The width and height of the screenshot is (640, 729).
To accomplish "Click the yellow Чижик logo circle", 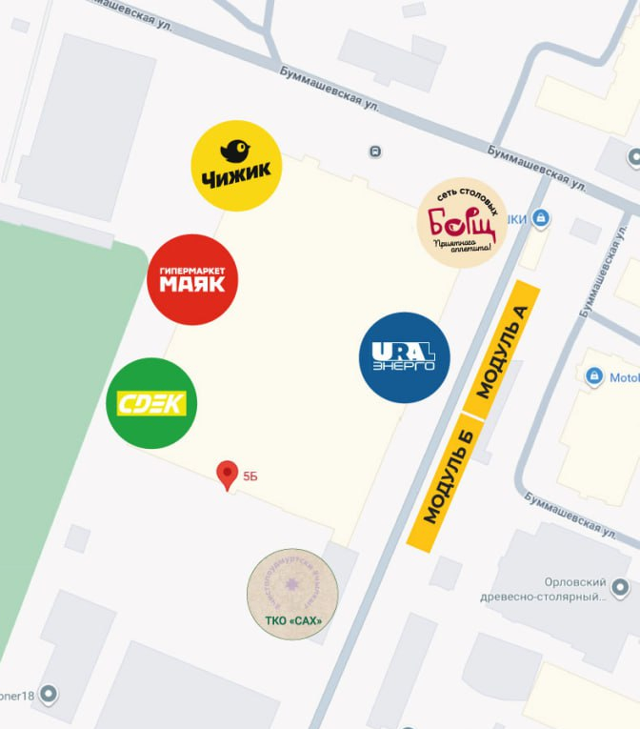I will (236, 165).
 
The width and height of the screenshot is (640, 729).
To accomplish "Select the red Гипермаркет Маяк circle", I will (192, 279).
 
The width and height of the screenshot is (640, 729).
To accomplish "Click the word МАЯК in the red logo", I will (192, 284).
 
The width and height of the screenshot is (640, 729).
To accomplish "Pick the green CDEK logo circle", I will (151, 402).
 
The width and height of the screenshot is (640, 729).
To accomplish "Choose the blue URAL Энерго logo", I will (404, 357).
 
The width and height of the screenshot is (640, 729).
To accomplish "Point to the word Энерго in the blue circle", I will (404, 366).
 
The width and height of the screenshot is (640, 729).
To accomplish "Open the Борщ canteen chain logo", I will (462, 222).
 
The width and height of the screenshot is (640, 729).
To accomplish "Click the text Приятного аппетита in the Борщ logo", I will (463, 247).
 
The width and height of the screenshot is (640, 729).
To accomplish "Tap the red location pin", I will (227, 474).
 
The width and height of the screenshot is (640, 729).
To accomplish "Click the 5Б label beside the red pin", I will (250, 475).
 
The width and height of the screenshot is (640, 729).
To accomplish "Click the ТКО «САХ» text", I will (292, 621).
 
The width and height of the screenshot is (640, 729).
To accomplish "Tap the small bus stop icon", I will (375, 152).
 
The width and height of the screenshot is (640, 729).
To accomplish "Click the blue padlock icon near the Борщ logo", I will (541, 218).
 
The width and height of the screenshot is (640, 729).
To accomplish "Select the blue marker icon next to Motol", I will (595, 376).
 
